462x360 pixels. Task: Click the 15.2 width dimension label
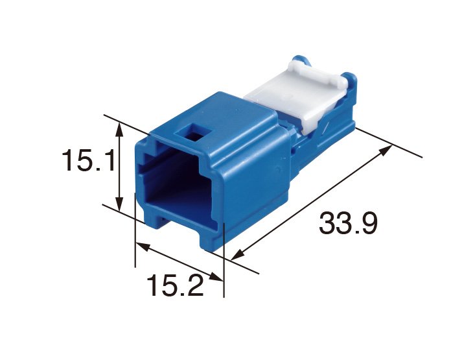coord(175,285)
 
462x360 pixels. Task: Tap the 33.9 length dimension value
coord(348,223)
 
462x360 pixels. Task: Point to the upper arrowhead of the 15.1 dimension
coord(119,130)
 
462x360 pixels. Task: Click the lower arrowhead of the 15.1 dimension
coord(119,204)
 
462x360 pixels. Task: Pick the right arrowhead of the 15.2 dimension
coord(216,277)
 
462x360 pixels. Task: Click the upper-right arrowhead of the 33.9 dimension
coord(386,150)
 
